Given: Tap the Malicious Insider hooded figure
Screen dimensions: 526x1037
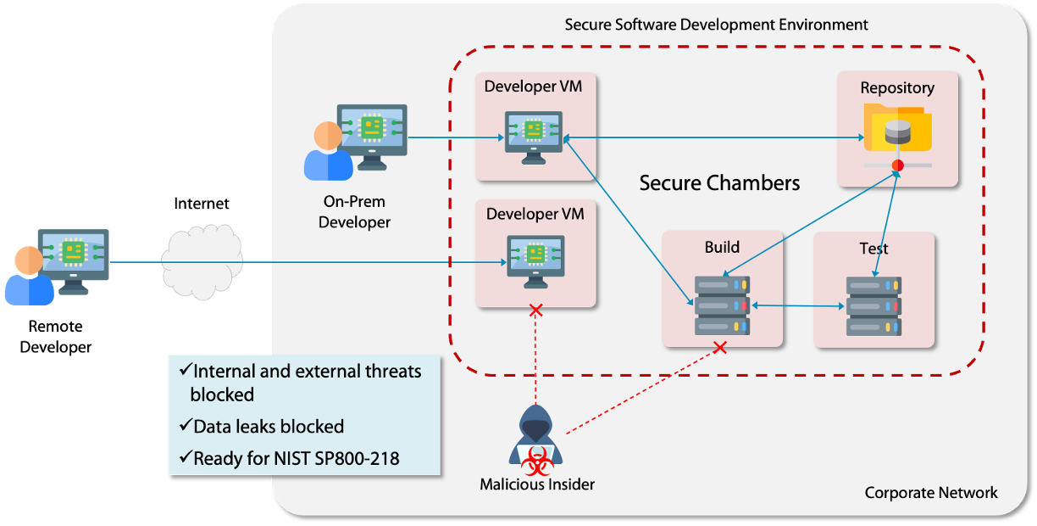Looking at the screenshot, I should [x=535, y=439].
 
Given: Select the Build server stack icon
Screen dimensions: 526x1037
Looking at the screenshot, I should [x=722, y=304].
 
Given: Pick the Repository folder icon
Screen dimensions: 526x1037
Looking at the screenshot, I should [x=897, y=127].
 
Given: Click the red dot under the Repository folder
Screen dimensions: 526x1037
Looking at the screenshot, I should [x=898, y=165].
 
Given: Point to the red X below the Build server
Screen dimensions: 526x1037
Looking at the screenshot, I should [x=720, y=347].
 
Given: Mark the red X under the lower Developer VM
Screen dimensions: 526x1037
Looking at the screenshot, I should [x=535, y=311].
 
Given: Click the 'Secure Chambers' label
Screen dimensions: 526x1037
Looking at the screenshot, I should [x=719, y=182].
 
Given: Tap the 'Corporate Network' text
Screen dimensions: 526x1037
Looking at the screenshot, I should [x=931, y=493].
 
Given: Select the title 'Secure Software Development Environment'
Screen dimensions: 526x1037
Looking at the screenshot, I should [x=716, y=25].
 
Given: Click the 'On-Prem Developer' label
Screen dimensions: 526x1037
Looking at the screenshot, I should [x=354, y=212].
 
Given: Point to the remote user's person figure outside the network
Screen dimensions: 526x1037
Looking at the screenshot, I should [x=28, y=277].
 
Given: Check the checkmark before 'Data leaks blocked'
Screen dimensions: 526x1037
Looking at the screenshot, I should [x=186, y=426].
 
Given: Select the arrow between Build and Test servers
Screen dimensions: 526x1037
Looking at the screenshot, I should [x=799, y=306].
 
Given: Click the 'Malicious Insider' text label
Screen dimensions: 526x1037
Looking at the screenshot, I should [x=537, y=485].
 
